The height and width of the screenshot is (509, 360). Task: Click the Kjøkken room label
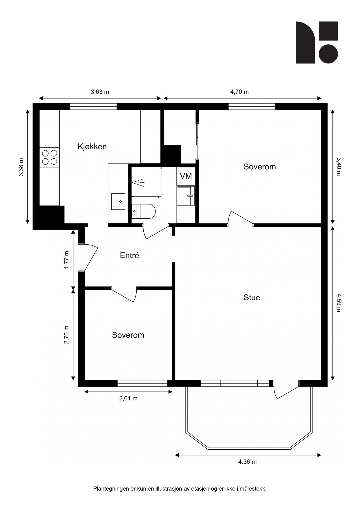click(x=92, y=146)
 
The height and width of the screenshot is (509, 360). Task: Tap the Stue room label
click(x=252, y=297)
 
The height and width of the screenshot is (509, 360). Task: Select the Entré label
click(x=130, y=255)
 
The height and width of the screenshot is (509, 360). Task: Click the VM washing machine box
click(x=186, y=176)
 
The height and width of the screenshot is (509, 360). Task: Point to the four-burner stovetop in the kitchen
click(x=49, y=158)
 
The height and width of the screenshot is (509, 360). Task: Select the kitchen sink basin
click(x=118, y=201)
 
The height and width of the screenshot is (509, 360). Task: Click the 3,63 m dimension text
click(x=100, y=92)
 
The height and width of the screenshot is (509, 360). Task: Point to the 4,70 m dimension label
click(x=240, y=92)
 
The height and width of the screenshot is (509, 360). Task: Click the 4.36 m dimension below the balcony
click(x=247, y=462)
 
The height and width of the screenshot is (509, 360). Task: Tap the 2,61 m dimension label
click(x=128, y=398)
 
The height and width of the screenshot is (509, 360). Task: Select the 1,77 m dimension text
click(x=67, y=260)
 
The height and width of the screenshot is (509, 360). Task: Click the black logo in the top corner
click(x=317, y=42)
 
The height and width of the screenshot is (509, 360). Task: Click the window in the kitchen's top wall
click(x=93, y=106)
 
